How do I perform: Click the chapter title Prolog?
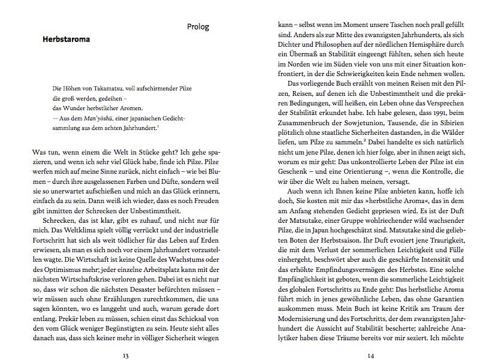point(198,27)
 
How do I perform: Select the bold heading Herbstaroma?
point(66,40)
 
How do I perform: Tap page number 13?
point(125,355)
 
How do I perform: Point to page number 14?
point(371,355)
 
